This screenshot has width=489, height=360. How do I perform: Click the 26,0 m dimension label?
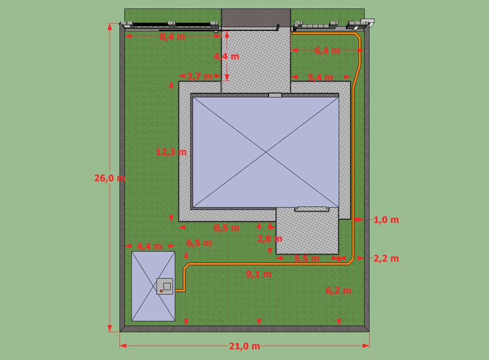coord(110,178)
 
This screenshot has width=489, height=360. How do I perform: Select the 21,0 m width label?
coord(244,346)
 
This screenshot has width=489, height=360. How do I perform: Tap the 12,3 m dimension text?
coord(171,152)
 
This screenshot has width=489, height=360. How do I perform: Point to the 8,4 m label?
coord(173,37)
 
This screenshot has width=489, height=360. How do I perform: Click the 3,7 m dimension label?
coord(199,76)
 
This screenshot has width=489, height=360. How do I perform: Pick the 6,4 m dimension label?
coord(327,51)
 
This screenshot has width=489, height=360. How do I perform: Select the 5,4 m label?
coord(320,77)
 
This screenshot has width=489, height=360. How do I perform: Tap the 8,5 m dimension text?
coord(227,228)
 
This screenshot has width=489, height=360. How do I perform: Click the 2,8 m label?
coord(270,239)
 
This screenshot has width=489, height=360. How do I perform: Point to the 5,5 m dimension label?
coord(307,258)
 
